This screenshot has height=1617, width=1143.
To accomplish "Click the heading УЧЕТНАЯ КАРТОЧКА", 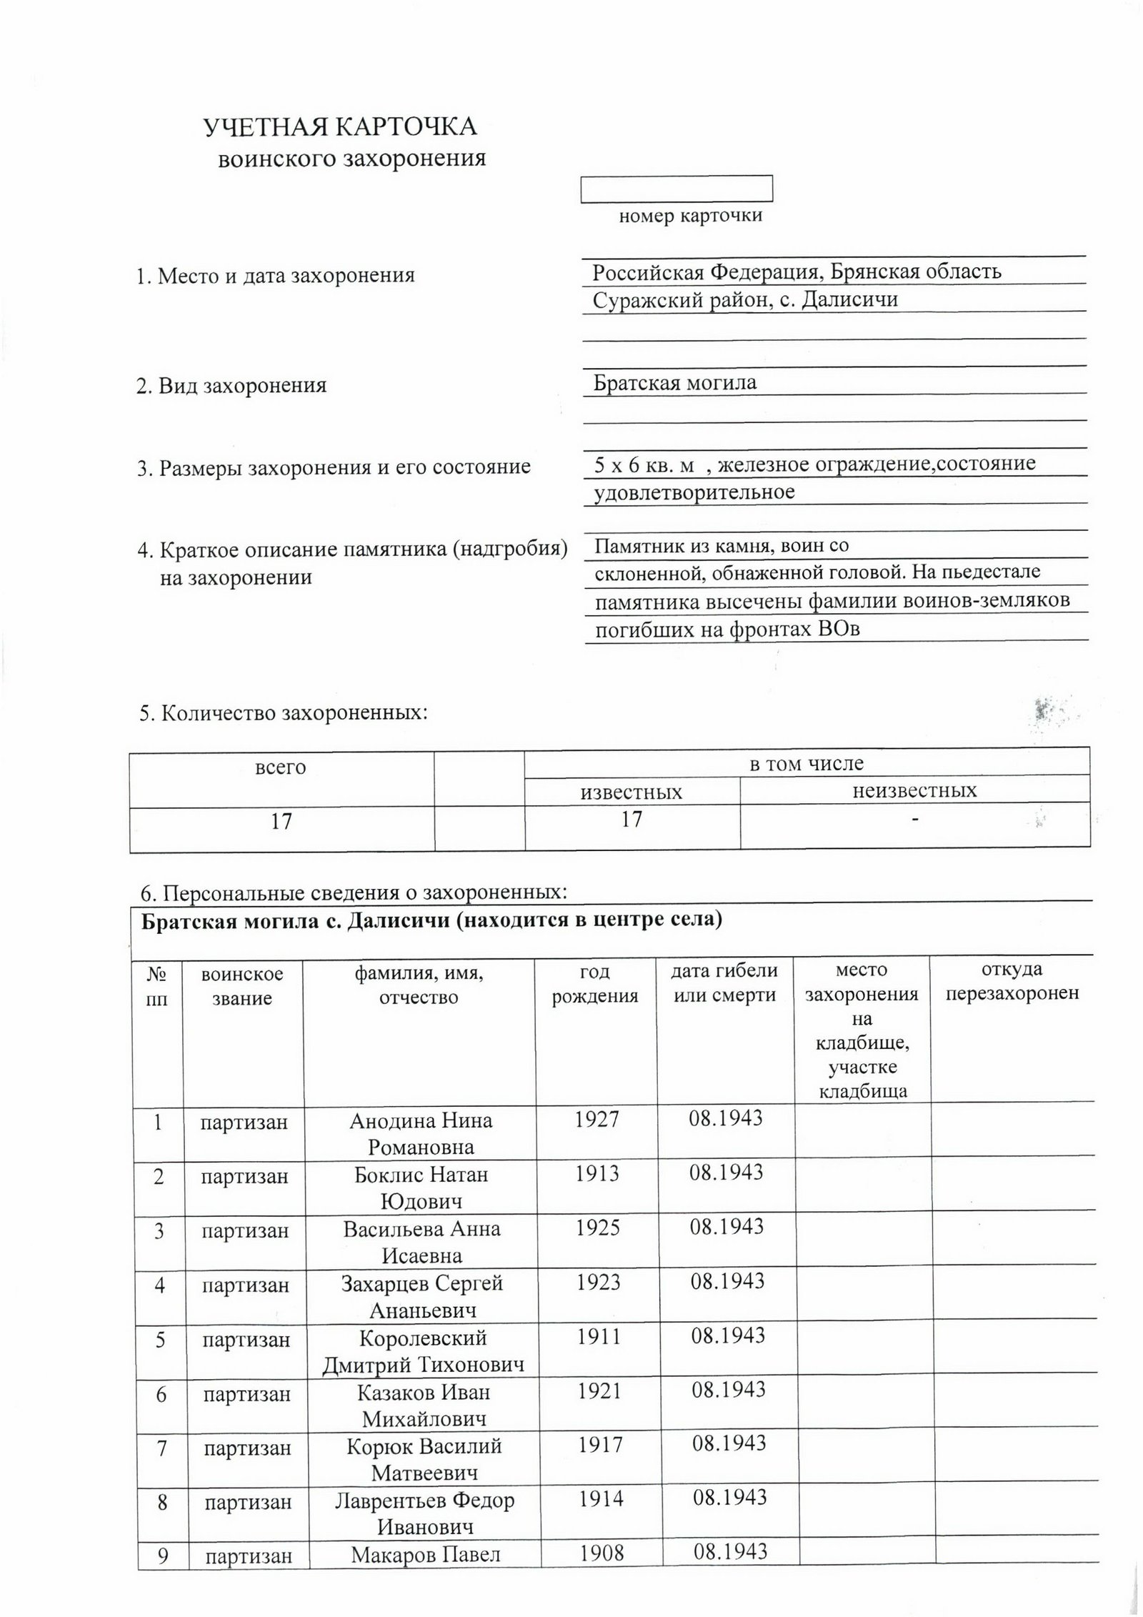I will [340, 127].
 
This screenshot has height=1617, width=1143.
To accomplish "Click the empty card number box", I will [676, 189].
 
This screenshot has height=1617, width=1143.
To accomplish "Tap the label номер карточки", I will [690, 216].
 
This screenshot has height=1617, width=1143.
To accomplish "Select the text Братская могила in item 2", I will [675, 383].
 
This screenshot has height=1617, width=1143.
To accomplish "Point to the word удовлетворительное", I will [694, 492].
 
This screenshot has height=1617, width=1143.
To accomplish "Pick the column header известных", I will [632, 792].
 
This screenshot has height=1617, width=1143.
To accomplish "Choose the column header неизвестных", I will [914, 790].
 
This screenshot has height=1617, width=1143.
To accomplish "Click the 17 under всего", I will [281, 822].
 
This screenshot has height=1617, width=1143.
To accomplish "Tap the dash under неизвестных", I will [914, 819].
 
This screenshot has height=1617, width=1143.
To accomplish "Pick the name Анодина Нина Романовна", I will [420, 1133].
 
